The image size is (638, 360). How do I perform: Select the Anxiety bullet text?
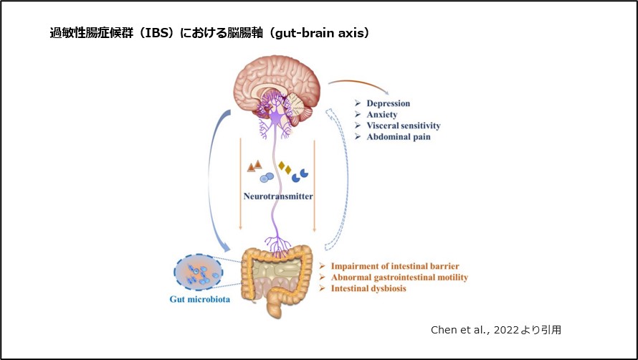(382, 114)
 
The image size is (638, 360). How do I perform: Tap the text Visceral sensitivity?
(403, 125)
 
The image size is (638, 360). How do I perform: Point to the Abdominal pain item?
(398, 136)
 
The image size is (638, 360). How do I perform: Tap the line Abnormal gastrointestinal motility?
(399, 277)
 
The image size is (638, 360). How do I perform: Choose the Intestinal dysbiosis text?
(368, 288)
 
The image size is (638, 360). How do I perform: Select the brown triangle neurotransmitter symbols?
(254, 166)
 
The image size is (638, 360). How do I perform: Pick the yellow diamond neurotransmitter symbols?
(285, 168)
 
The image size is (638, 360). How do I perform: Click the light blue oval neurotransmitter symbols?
(266, 176)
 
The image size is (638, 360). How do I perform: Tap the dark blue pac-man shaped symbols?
(300, 174)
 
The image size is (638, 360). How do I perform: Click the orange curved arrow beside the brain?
(359, 86)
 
